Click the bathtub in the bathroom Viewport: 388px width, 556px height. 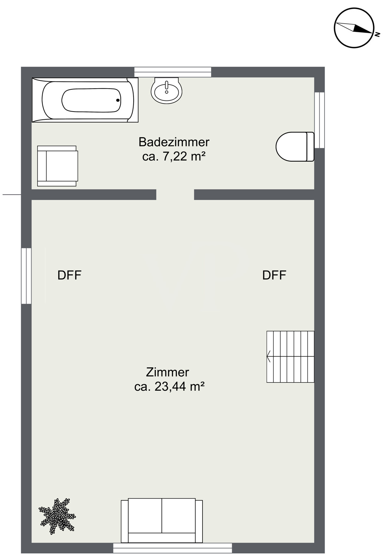coord(85,100)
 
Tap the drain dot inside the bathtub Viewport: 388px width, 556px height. coord(118,100)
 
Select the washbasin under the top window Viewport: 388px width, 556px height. coord(167,90)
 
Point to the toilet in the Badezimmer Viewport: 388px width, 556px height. coord(295,146)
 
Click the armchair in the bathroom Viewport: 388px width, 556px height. coord(57,166)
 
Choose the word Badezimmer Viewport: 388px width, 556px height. coord(174,142)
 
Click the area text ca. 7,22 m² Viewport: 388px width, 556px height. coord(174,156)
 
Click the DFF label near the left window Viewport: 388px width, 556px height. coord(70,275)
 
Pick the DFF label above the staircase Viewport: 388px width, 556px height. coord(274,275)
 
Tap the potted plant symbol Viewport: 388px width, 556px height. coord(57,516)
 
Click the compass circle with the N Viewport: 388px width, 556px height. coord(354,27)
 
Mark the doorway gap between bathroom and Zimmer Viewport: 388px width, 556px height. coord(175,195)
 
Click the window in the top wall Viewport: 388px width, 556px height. coord(172,72)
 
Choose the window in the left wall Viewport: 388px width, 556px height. coord(26,276)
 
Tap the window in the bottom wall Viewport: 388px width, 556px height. coord(172,548)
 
